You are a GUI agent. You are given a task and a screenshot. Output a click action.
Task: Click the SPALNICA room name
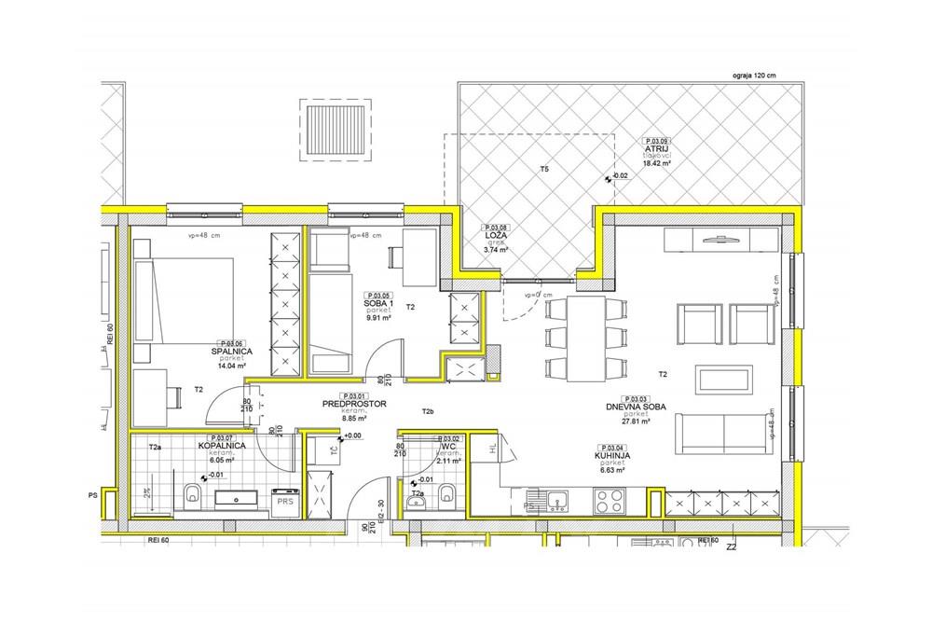(231, 351)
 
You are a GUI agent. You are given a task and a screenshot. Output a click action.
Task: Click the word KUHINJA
(611, 456)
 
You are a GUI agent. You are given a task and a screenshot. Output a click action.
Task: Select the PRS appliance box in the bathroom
(283, 500)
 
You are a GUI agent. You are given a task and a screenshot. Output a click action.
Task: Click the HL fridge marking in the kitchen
(491, 449)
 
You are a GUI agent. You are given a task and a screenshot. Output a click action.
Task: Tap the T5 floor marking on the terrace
(544, 170)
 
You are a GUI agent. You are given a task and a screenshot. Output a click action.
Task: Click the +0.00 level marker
(352, 435)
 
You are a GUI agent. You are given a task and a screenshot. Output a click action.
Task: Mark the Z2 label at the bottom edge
(733, 548)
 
